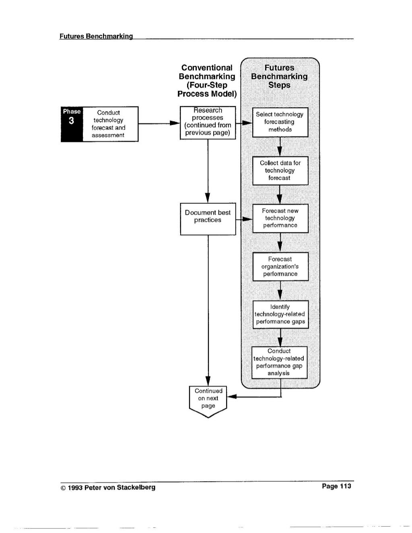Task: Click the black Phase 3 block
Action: point(72,124)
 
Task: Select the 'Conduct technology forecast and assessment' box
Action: point(111,124)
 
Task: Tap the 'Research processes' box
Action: point(208,123)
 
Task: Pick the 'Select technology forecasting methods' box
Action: point(280,122)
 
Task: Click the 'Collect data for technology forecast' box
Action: point(280,171)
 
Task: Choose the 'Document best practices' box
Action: point(208,219)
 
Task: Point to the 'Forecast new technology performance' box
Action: point(280,218)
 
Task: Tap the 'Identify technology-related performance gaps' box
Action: point(281,314)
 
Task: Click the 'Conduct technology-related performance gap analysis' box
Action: point(279,363)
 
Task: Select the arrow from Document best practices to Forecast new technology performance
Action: point(244,219)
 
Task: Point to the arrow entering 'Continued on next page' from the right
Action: point(254,396)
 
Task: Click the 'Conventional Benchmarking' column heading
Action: point(207,81)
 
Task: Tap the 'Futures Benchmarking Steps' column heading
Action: point(279,76)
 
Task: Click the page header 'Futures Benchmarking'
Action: point(96,36)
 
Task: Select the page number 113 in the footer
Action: point(346,486)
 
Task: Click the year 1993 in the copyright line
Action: point(75,488)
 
